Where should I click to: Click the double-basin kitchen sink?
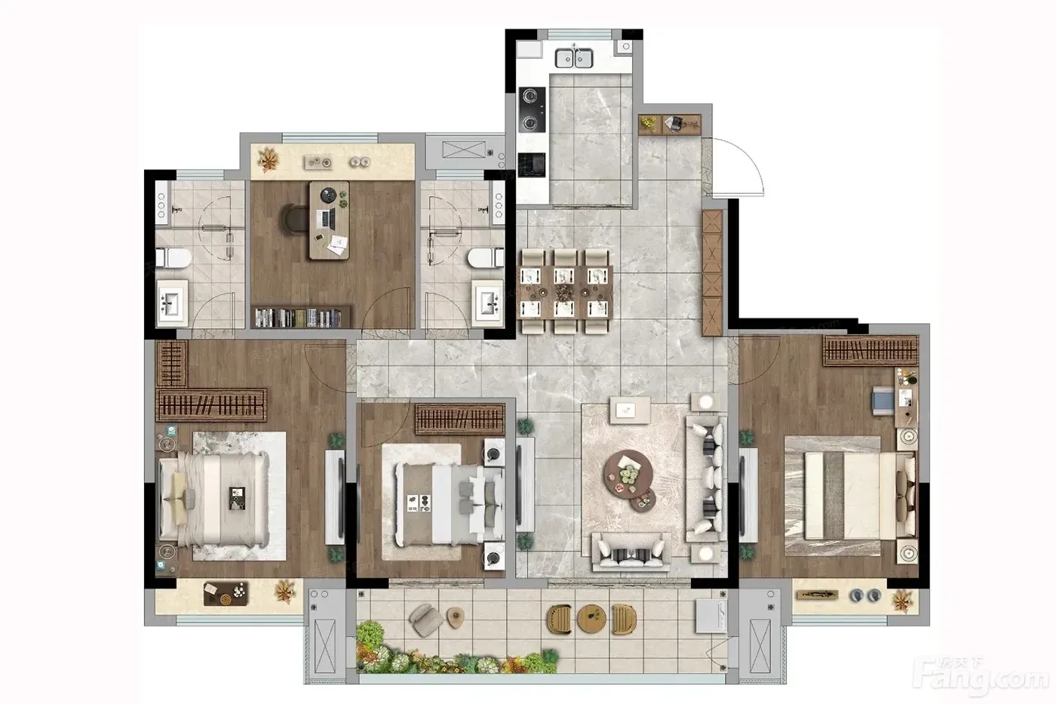click(x=574, y=57)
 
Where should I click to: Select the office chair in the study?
click(x=294, y=220)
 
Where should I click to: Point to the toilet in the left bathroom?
click(x=173, y=258)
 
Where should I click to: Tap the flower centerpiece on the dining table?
click(x=563, y=292)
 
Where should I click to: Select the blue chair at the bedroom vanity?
click(x=883, y=401)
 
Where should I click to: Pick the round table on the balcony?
click(x=591, y=618)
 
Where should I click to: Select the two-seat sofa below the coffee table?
click(x=631, y=552)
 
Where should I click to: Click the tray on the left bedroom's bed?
click(x=237, y=499)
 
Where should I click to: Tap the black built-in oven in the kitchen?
click(x=532, y=165)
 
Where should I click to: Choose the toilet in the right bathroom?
click(x=486, y=258)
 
